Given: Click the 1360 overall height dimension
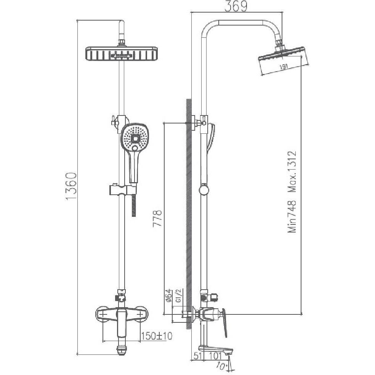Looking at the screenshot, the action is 71,186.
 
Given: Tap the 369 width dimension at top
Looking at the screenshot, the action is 236,6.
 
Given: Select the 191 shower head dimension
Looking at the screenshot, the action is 284,67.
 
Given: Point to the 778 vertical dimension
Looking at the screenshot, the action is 158,218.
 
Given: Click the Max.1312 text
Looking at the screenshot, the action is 292,172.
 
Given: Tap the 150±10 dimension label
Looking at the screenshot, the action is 156,336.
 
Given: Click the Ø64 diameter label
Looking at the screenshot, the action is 168,296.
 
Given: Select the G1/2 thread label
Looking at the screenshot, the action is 178,296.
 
